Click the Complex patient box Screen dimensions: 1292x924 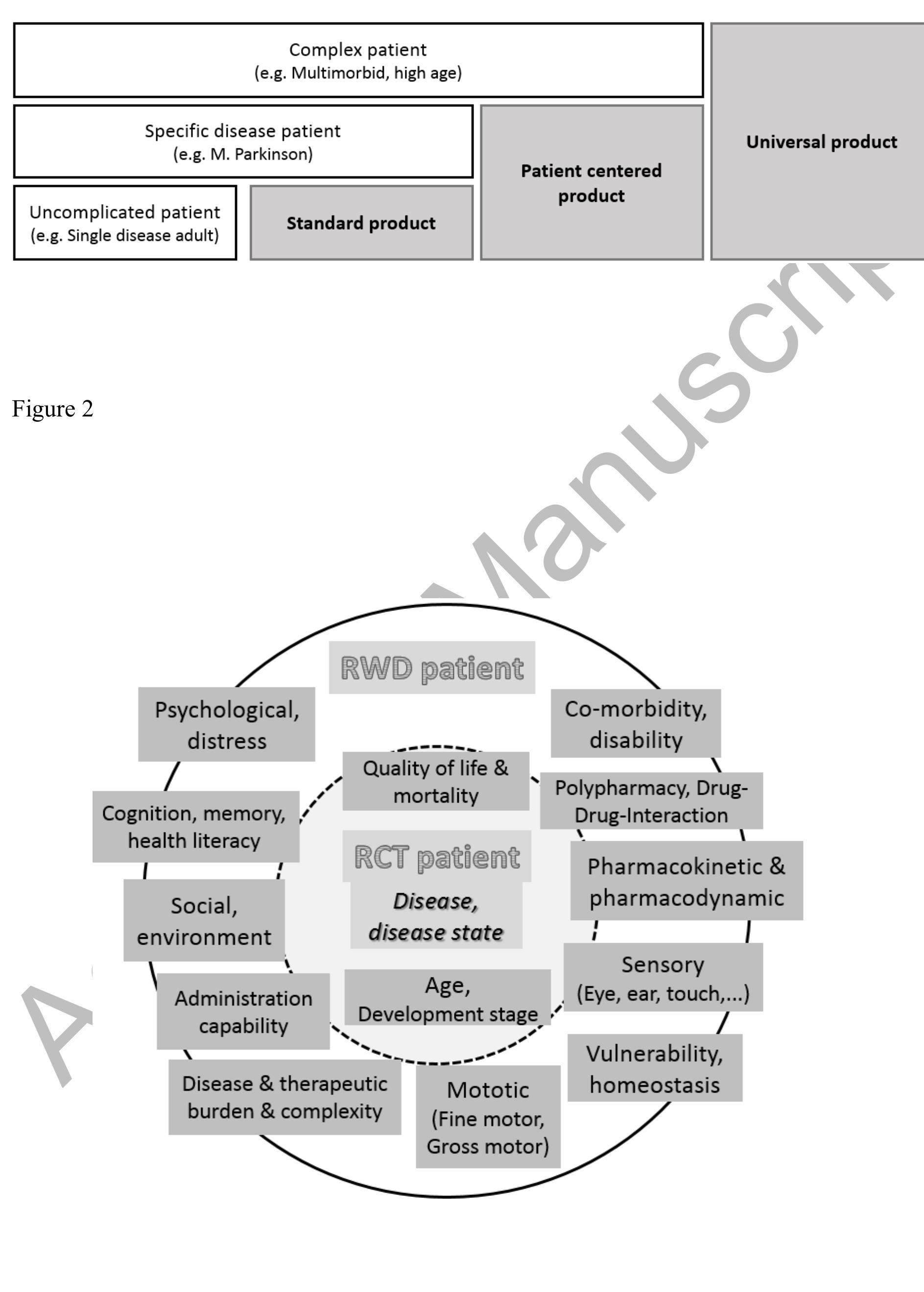coord(358,60)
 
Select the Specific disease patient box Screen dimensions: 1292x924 coord(243,142)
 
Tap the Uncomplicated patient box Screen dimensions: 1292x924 coord(124,223)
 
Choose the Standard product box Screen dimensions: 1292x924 coord(361,223)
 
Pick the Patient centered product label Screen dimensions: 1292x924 coord(591,183)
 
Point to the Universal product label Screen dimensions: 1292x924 coord(821,142)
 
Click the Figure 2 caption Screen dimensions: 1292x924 coord(52,409)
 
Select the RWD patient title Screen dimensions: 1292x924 coord(432,668)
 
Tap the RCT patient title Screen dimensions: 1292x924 coord(436,856)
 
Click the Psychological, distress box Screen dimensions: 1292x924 coord(226,725)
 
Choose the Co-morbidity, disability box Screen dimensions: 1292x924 coord(636,723)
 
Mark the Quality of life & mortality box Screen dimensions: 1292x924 coord(436,781)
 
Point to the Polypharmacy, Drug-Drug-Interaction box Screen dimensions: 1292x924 coord(651,801)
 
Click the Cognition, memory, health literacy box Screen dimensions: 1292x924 coord(196,827)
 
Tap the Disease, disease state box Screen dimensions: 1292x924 coord(436,916)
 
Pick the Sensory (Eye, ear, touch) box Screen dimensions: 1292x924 coord(663,978)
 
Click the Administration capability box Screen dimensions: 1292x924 coord(243,1011)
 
